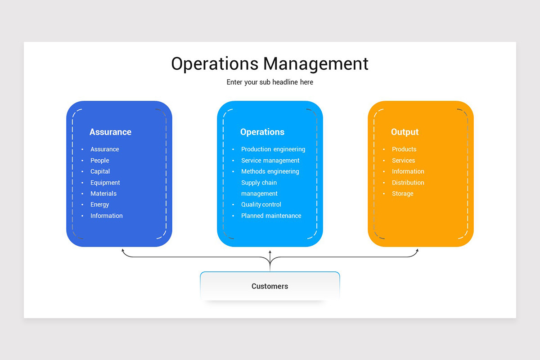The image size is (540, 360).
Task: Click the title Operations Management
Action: click(270, 63)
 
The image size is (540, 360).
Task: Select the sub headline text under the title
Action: click(270, 82)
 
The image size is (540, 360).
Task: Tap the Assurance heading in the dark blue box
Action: click(110, 132)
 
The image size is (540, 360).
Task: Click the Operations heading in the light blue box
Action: click(262, 132)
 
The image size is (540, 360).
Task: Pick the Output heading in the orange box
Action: click(405, 132)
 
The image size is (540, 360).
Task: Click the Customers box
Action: click(270, 286)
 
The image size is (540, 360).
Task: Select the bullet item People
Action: click(100, 160)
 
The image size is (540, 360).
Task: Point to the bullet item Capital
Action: click(100, 171)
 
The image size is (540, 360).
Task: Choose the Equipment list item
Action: click(105, 183)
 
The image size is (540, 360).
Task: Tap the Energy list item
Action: click(100, 205)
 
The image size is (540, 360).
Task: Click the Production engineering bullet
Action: click(273, 149)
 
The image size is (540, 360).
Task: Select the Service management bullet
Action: click(270, 160)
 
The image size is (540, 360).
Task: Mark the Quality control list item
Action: click(261, 205)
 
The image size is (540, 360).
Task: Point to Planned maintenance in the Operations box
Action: click(271, 216)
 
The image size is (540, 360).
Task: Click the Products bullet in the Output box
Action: click(404, 149)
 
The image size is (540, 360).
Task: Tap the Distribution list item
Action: click(408, 183)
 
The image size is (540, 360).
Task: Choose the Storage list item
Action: click(402, 193)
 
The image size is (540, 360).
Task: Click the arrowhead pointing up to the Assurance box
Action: click(122, 250)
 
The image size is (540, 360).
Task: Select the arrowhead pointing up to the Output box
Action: click(417, 250)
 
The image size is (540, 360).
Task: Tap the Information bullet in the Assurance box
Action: click(107, 216)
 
